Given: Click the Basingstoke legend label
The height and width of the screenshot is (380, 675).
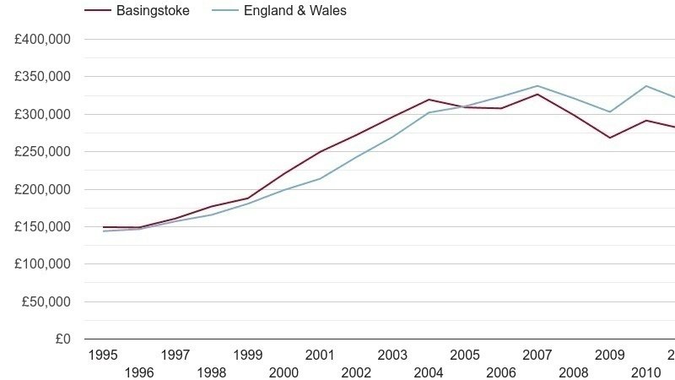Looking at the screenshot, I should [153, 11].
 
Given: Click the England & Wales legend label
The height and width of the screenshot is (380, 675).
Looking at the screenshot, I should [294, 11].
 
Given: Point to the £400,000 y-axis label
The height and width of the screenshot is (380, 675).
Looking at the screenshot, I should [42, 40].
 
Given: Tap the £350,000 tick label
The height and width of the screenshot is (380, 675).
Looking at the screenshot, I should [42, 77].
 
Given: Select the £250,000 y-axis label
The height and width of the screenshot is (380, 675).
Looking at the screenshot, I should [42, 152].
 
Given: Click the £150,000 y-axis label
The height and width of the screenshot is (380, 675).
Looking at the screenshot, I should [42, 227].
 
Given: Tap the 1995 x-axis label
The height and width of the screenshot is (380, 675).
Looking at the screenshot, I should [103, 355].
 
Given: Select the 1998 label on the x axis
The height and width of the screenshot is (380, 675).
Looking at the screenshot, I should [212, 372].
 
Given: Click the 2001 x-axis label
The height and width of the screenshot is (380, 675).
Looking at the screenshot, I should [321, 355].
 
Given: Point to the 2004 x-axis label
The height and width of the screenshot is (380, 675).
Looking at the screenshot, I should [429, 372].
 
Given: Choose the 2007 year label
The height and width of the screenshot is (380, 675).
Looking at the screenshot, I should [537, 355].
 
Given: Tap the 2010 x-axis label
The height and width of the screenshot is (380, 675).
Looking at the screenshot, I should [645, 372].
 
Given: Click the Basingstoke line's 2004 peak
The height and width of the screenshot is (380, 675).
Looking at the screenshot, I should [429, 100].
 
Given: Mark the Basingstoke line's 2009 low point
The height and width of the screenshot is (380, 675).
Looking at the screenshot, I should [610, 138].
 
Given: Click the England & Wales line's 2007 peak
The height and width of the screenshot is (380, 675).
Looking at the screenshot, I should [537, 85].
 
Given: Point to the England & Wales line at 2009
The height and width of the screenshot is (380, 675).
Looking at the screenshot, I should [610, 112].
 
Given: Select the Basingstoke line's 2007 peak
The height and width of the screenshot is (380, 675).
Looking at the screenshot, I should [537, 94].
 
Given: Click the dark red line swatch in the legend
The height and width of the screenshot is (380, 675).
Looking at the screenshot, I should [97, 11].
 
